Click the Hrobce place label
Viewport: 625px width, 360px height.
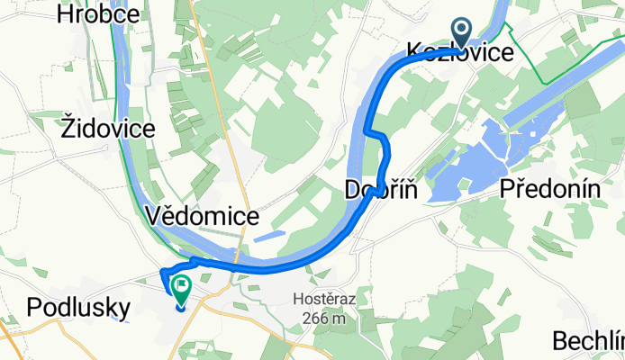pos(98,13)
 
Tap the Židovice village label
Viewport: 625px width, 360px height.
pos(109,128)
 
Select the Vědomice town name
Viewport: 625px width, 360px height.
pos(202,216)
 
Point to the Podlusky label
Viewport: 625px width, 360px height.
pos(78,306)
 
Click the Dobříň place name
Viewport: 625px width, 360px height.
pos(379,190)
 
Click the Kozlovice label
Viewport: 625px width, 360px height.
pos(460,52)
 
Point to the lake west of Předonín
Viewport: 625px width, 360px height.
pos(468,162)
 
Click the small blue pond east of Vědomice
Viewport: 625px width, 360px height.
pos(269,237)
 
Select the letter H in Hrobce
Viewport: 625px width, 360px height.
pos(66,13)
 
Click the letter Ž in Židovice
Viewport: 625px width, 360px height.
pos(68,128)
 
